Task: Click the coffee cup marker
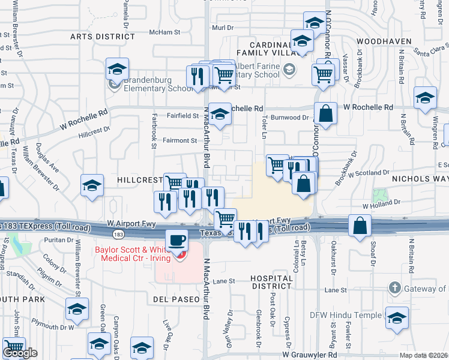pos(176,240)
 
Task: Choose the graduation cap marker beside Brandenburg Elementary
pos(118,69)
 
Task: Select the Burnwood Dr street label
pos(289,118)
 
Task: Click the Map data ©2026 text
pos(424,355)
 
